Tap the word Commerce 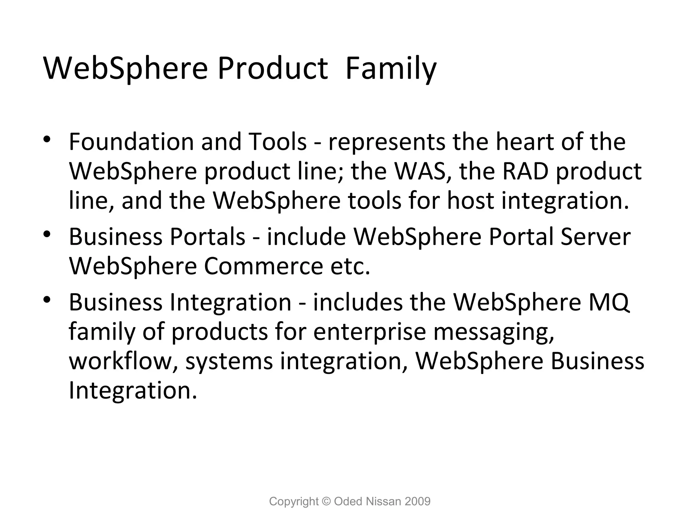[263, 266]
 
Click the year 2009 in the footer [417, 501]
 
